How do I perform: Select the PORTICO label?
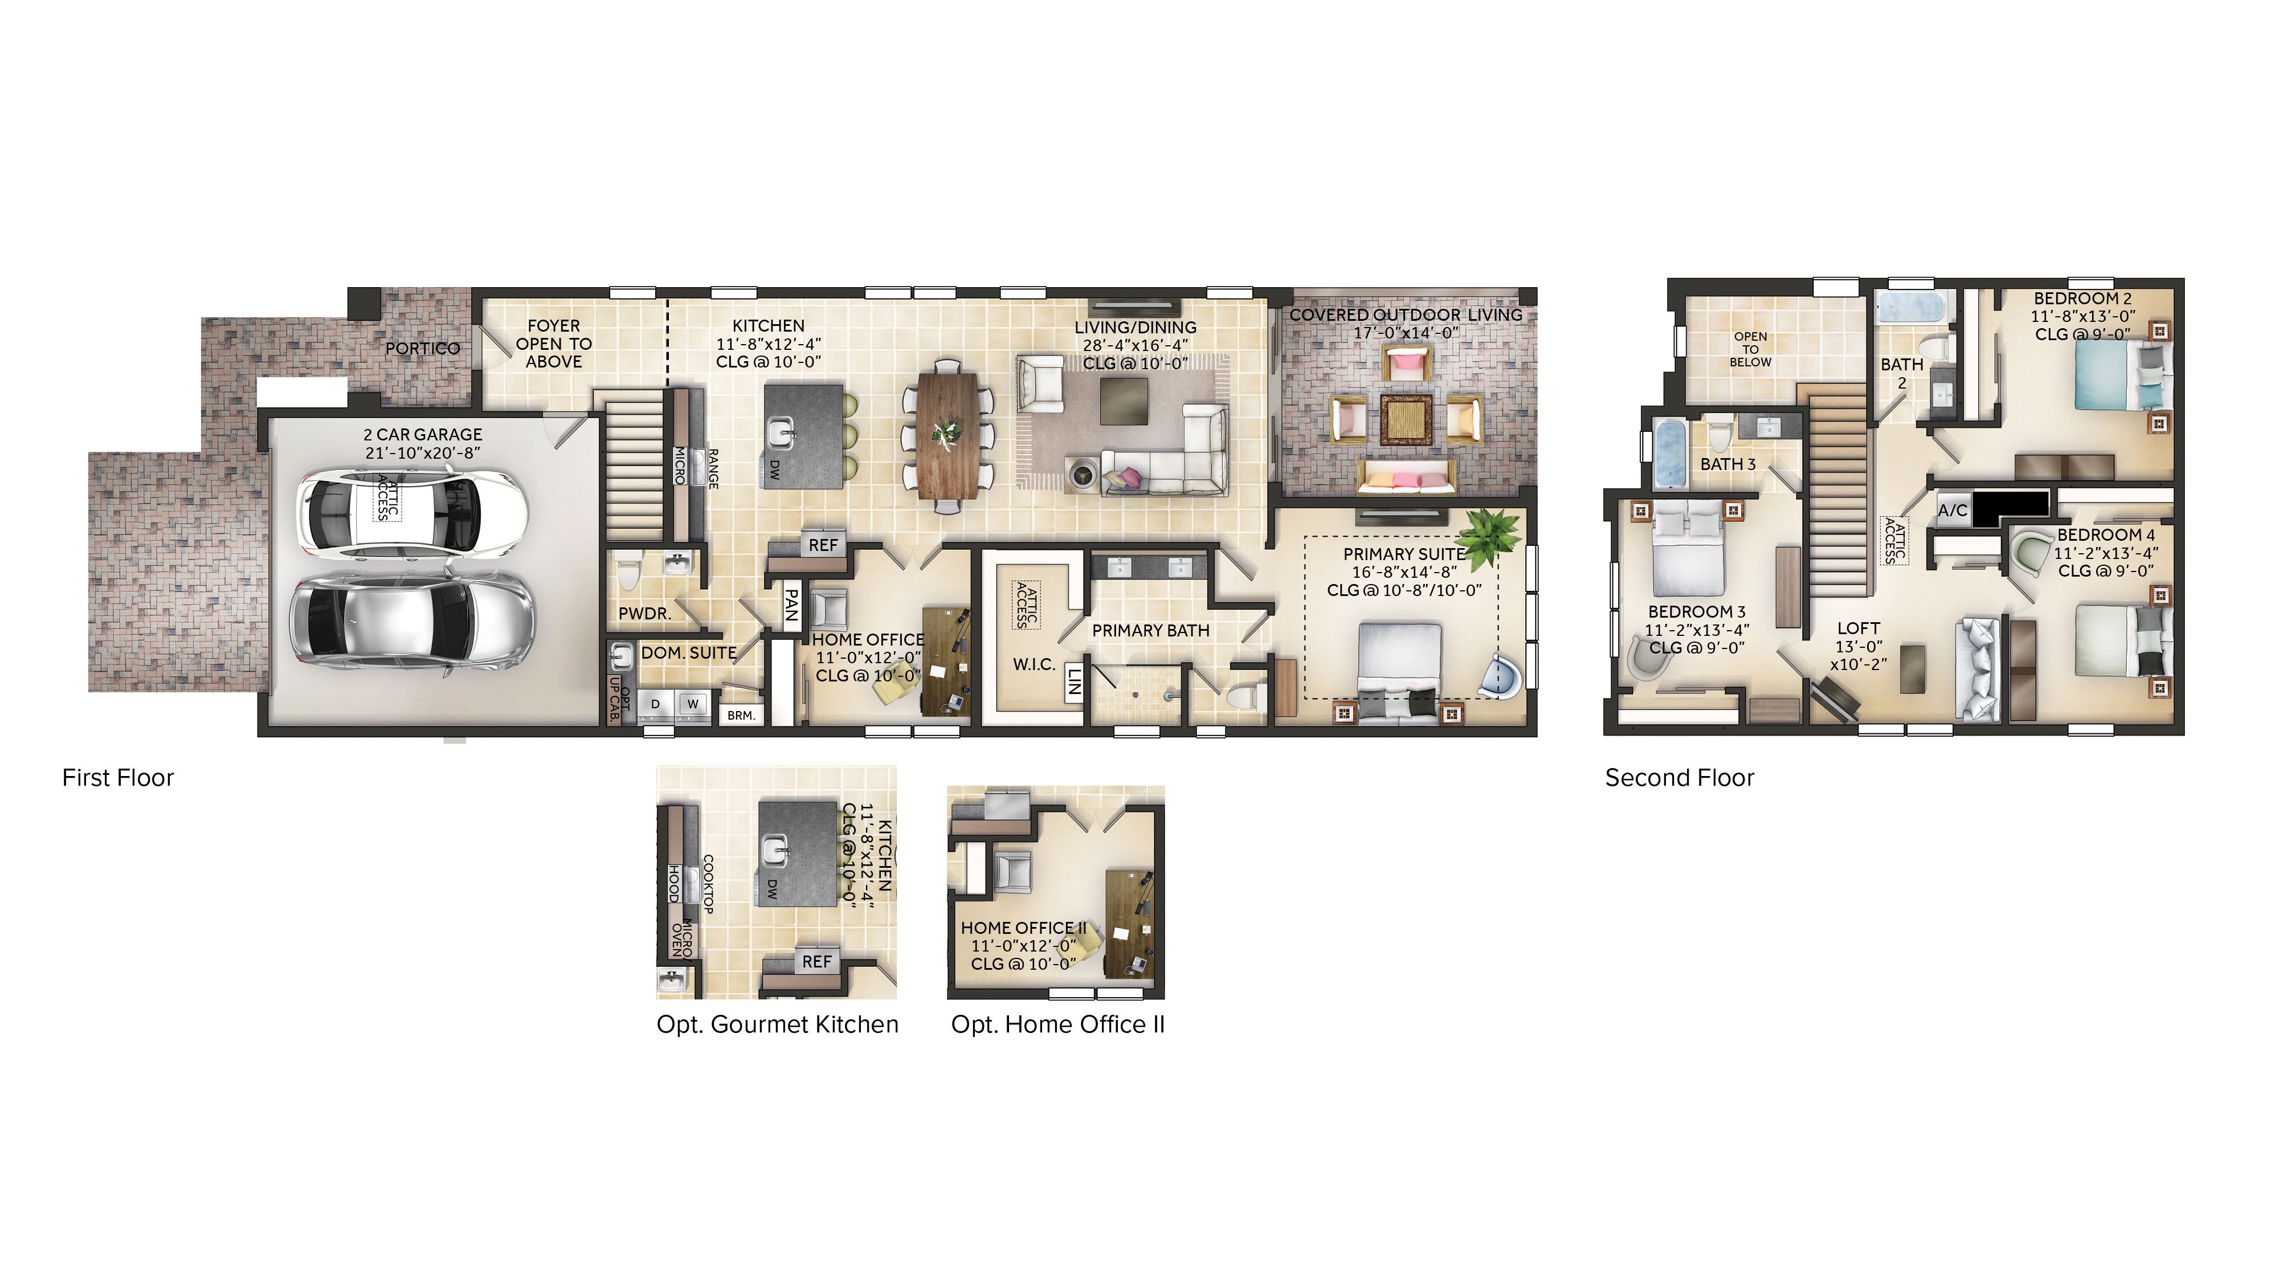click(423, 349)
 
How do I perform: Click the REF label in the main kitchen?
click(823, 545)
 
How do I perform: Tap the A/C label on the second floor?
click(1953, 511)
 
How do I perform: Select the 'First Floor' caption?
click(118, 778)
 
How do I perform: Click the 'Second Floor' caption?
click(1678, 778)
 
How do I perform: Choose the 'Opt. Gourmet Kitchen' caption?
click(777, 1024)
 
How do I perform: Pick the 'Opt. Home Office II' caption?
click(1057, 1024)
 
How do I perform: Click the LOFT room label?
click(1858, 628)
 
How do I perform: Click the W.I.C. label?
click(1034, 664)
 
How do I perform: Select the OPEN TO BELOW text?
click(1750, 349)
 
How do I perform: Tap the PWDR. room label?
click(644, 613)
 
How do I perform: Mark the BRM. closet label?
click(741, 715)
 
